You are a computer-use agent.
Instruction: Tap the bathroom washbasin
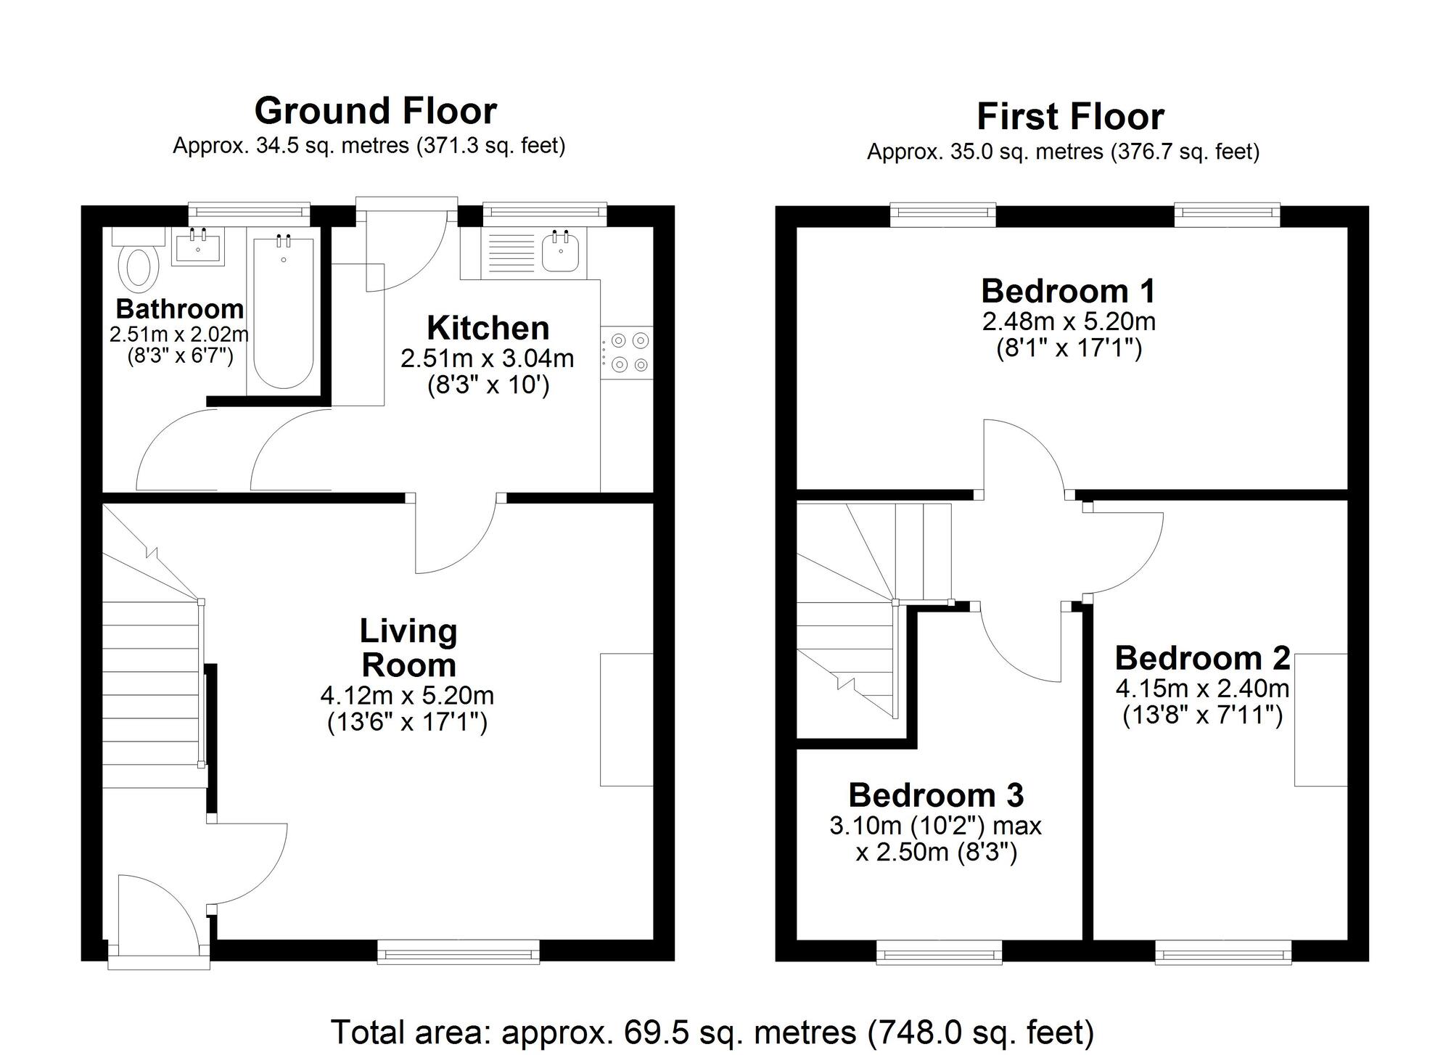[198, 247]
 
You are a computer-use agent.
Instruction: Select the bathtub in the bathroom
[283, 312]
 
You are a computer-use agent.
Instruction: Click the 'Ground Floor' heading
[375, 111]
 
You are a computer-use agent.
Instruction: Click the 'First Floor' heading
[1069, 116]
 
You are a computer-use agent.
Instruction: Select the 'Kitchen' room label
[488, 328]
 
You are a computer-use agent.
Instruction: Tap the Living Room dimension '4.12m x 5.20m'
[407, 696]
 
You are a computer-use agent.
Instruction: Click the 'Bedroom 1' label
[1067, 291]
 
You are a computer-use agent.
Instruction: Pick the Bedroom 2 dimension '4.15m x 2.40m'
[1202, 688]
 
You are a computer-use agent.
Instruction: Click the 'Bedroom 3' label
[935, 795]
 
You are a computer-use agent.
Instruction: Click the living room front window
[458, 951]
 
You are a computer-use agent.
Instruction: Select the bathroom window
[249, 211]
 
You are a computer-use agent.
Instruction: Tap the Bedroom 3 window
[939, 951]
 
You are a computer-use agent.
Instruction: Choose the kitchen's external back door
[406, 247]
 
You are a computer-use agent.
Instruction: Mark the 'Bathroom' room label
[179, 309]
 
